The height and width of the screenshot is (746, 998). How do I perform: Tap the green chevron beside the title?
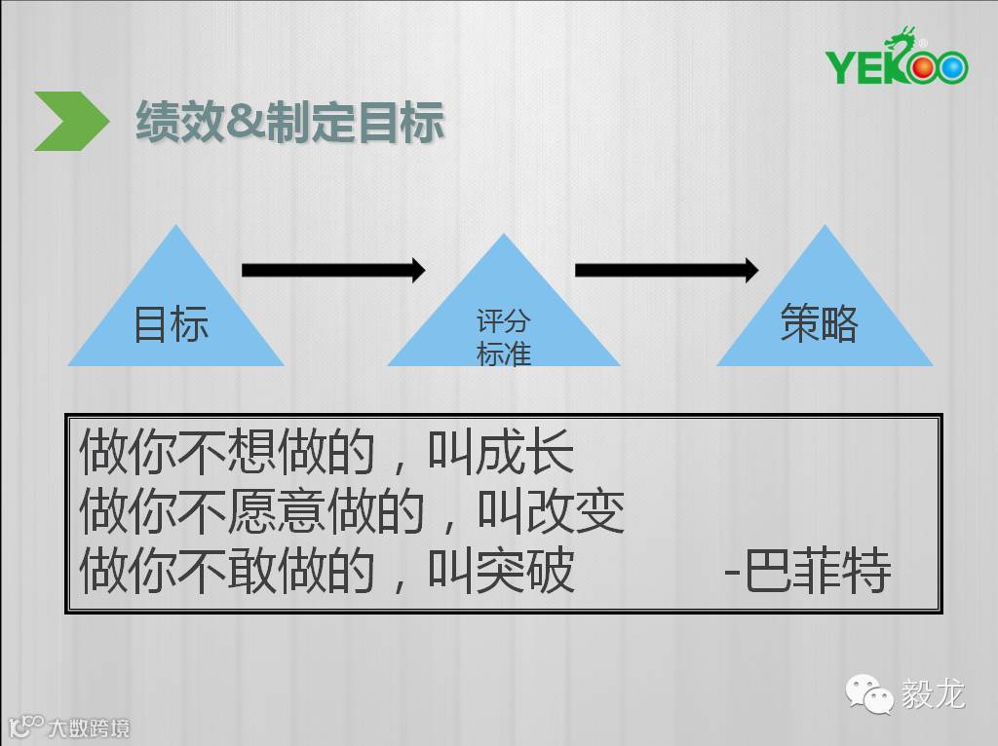tap(71, 121)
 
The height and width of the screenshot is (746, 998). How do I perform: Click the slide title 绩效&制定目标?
tap(289, 123)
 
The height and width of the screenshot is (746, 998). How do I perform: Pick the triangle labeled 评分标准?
tap(504, 321)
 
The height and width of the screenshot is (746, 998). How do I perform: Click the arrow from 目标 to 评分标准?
tap(333, 270)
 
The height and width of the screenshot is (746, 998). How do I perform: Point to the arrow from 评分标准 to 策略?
tap(667, 270)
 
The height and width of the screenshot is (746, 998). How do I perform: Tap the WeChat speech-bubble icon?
tap(868, 694)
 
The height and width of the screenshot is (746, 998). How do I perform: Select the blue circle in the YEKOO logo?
tap(952, 67)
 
